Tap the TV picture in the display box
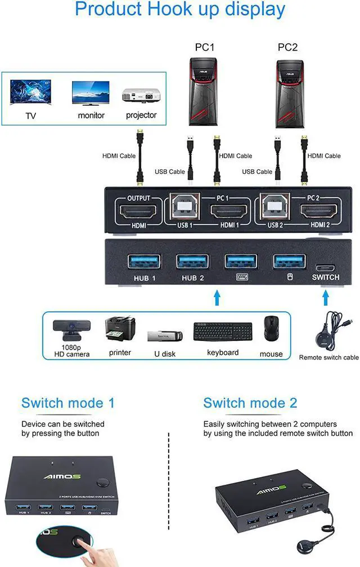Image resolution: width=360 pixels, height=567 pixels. pyautogui.click(x=31, y=93)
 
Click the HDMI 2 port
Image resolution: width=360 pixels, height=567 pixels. pyautogui.click(x=320, y=213)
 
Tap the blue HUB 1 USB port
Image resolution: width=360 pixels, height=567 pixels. pyautogui.click(x=144, y=262)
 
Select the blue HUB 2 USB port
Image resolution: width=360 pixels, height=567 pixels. pyautogui.click(x=192, y=262)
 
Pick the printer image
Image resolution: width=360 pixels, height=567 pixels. pyautogui.click(x=120, y=330)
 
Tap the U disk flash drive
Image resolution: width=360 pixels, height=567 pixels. pyautogui.click(x=164, y=336)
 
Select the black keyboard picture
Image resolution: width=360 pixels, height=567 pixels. pyautogui.click(x=223, y=331)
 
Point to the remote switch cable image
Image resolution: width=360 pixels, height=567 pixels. pyautogui.click(x=329, y=331)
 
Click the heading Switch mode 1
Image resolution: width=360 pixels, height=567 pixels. pyautogui.click(x=67, y=403)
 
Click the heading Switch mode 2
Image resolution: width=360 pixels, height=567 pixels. pyautogui.click(x=250, y=403)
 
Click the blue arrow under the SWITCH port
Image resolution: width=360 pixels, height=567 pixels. pyautogui.click(x=325, y=296)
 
